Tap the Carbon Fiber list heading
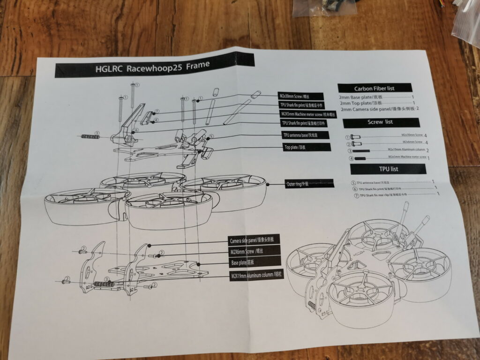[375, 88]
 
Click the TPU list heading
[388, 169]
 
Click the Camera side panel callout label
[254, 240]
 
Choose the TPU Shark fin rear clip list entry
[384, 195]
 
